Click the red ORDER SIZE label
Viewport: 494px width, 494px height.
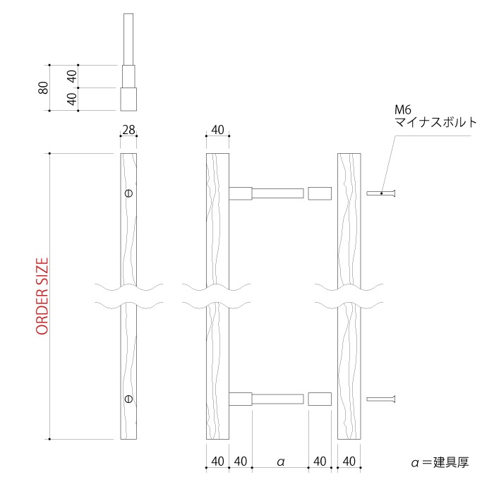[x=42, y=296]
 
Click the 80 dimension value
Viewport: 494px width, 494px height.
[x=43, y=88]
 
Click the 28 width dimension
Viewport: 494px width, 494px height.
[x=128, y=130]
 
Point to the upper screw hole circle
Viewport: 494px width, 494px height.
[x=128, y=193]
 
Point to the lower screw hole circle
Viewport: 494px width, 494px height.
[x=128, y=399]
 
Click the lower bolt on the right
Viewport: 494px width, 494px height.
[x=382, y=399]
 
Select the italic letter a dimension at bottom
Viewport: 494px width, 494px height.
[x=280, y=462]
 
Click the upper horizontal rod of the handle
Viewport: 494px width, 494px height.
[x=277, y=193]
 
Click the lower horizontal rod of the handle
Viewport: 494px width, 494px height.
[x=277, y=399]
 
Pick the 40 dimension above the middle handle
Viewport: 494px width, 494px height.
[x=217, y=130]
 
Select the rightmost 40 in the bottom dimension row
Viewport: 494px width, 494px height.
[x=349, y=462]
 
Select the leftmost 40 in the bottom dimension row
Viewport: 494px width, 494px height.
[x=217, y=462]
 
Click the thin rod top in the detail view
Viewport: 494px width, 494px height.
[x=128, y=39]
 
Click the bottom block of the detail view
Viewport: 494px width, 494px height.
[x=128, y=99]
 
